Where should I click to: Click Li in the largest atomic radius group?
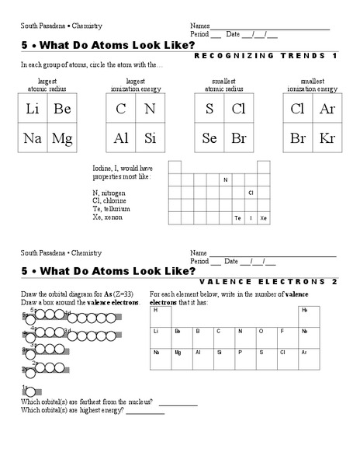point(32,110)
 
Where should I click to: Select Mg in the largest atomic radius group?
point(62,139)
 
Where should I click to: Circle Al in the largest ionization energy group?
point(121,139)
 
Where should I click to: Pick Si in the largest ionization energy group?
point(151,139)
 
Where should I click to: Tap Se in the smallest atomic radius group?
point(209,139)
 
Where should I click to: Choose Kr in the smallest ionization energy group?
point(327,139)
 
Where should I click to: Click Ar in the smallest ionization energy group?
point(327,110)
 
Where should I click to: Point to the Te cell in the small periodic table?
point(237,218)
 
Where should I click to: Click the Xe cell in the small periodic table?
point(264,218)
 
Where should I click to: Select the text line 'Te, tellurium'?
point(110,209)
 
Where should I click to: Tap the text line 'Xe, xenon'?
point(106,217)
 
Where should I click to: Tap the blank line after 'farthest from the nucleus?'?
point(178,403)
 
